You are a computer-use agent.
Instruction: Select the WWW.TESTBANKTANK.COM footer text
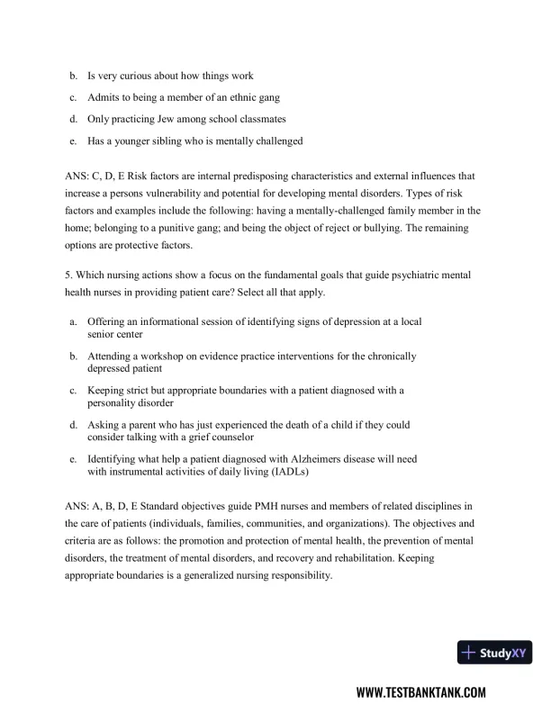pyautogui.click(x=421, y=692)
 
